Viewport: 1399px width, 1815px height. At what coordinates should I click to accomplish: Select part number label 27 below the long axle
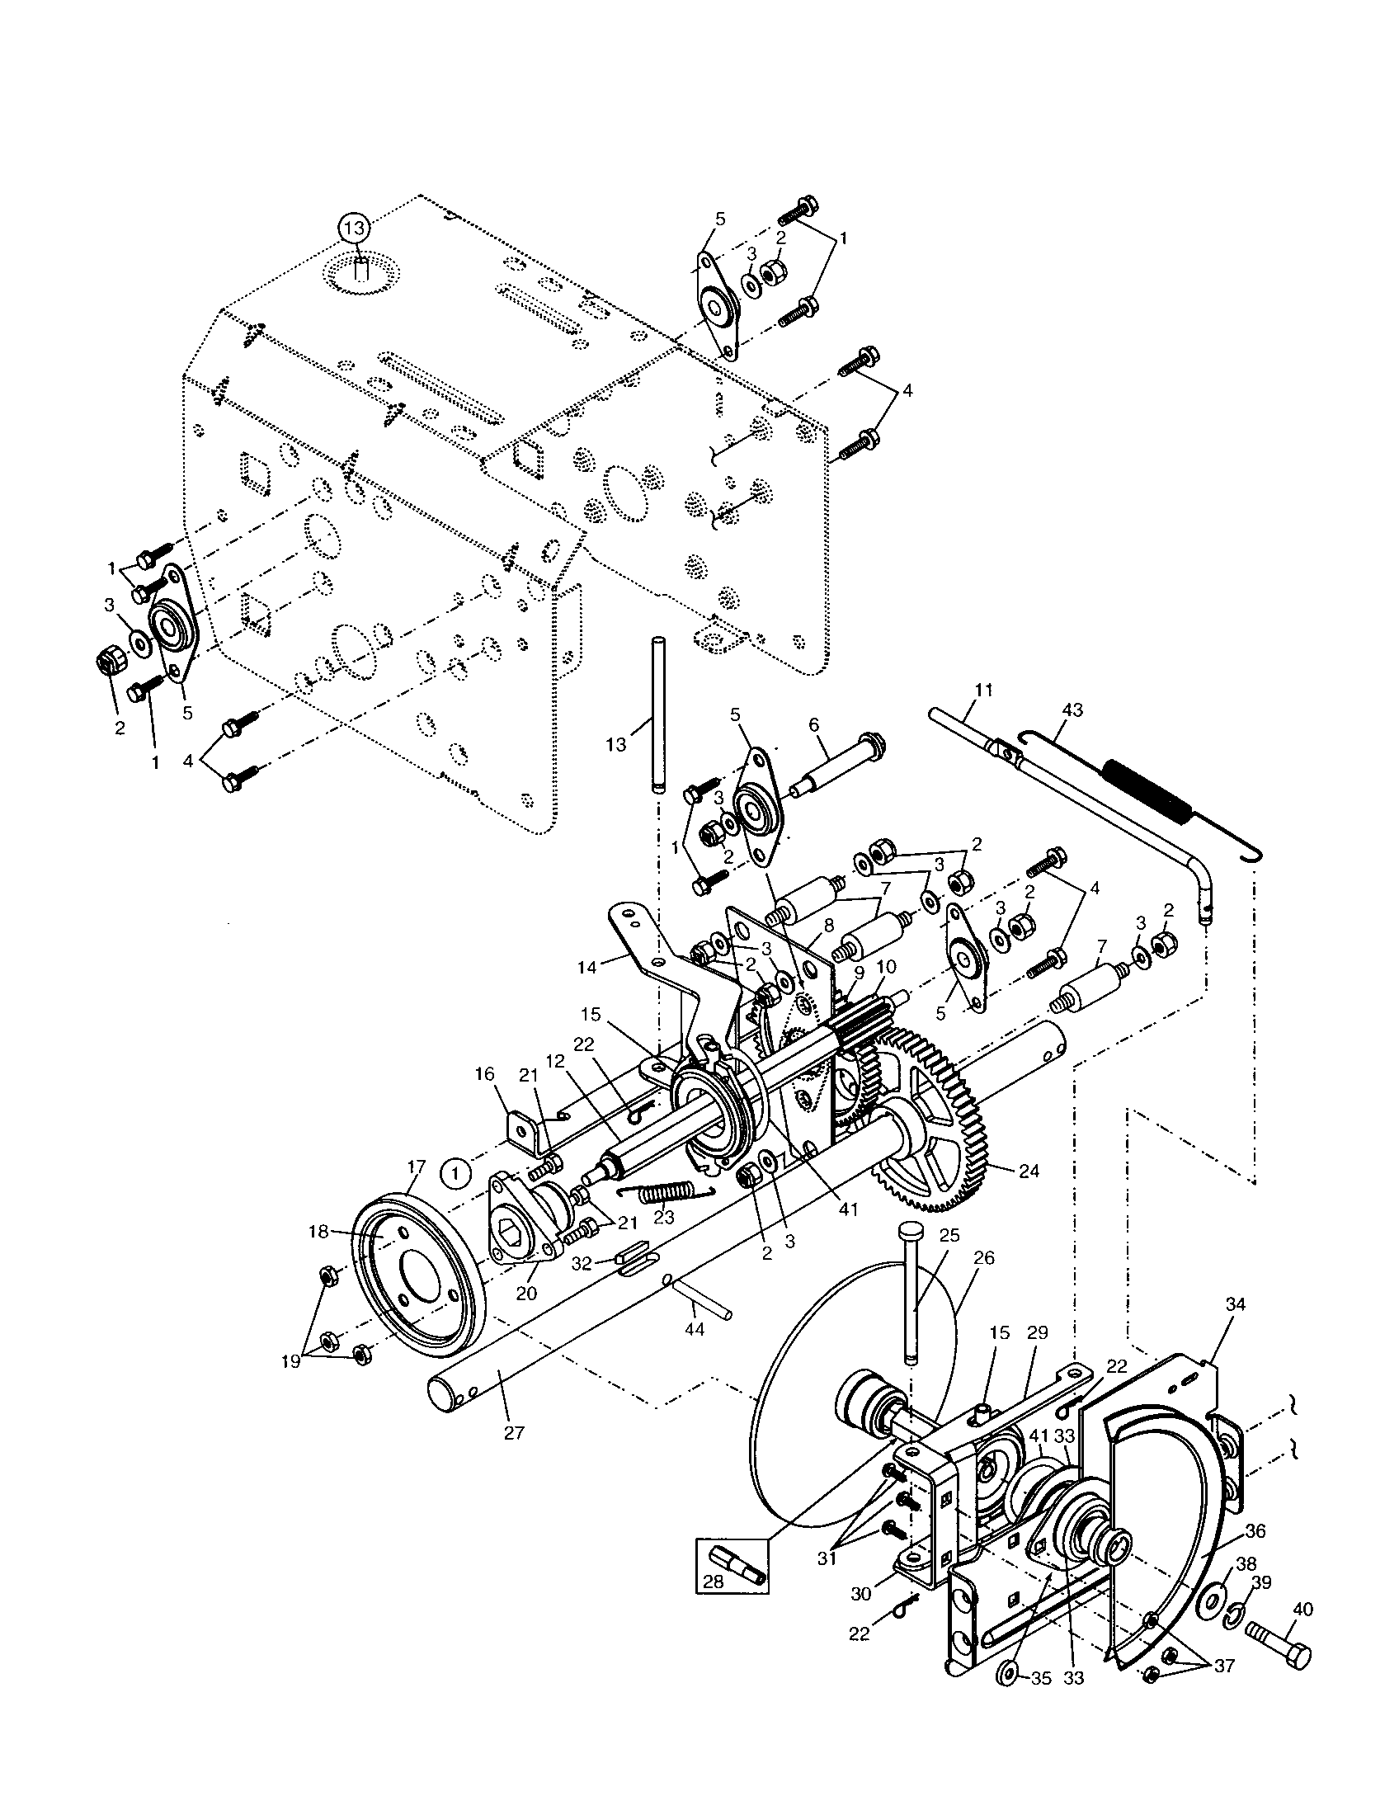tap(514, 1433)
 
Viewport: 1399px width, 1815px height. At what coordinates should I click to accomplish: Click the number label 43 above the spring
tap(1072, 710)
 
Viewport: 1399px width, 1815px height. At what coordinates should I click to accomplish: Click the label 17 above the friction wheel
tap(417, 1167)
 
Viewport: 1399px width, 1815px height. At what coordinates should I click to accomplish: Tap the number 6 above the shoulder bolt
tap(813, 725)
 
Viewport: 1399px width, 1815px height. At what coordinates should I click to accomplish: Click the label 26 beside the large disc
tap(983, 1258)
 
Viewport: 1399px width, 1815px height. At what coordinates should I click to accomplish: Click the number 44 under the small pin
tap(695, 1329)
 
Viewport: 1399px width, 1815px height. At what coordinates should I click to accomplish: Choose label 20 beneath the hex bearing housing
tap(527, 1294)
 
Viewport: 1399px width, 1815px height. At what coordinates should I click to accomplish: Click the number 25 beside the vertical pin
tap(949, 1235)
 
